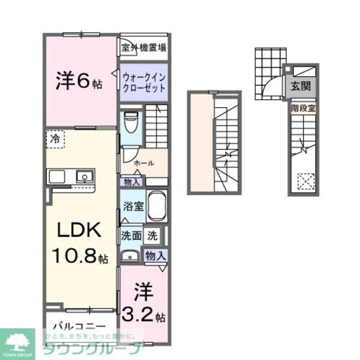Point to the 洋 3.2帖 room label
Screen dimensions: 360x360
143,303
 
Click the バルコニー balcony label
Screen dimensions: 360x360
80,327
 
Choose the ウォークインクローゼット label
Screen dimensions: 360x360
144,82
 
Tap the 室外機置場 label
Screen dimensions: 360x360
144,48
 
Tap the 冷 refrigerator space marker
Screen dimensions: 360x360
55,139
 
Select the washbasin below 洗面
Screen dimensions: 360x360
129,256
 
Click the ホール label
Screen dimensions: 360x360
144,163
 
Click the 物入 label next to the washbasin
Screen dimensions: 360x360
155,256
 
